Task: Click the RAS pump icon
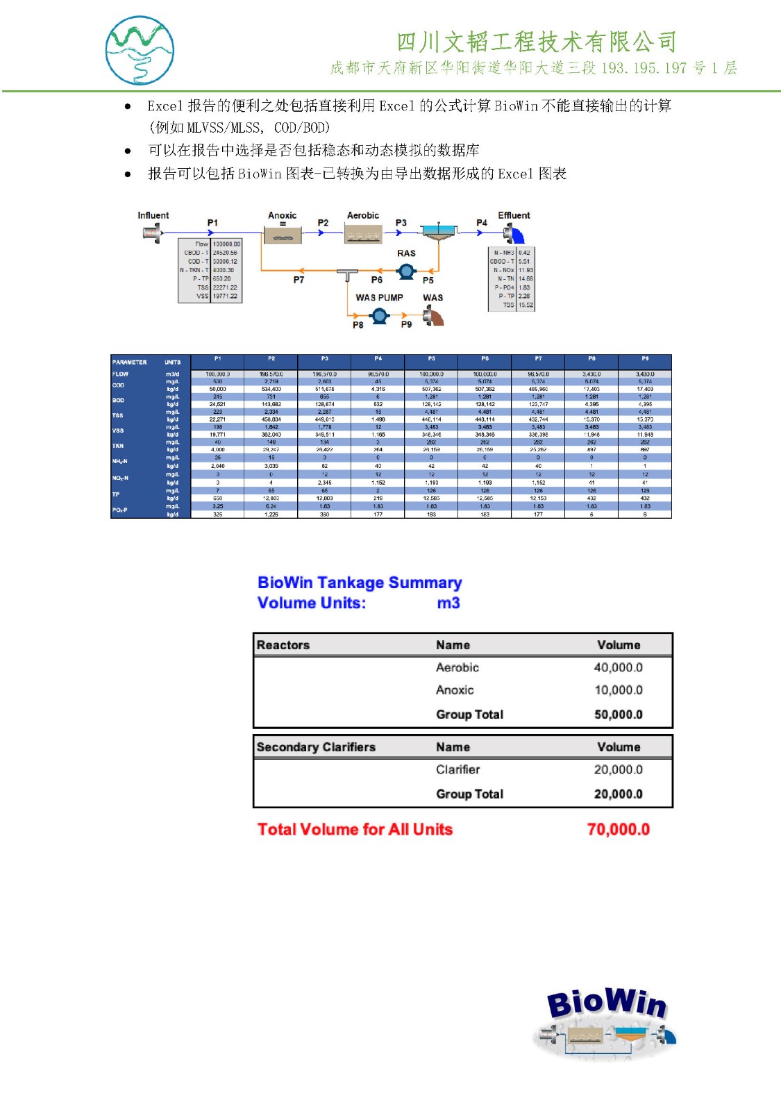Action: [x=406, y=271]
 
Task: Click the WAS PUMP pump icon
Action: [x=379, y=317]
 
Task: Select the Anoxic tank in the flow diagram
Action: [x=283, y=233]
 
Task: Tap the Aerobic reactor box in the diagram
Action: [x=363, y=233]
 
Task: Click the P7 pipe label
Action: [x=299, y=280]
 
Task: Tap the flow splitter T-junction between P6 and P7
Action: [x=347, y=274]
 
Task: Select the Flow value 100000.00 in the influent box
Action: [x=226, y=244]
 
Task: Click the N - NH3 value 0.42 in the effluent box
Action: [x=524, y=253]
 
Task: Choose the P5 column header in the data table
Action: [x=431, y=359]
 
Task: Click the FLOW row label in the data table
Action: [x=121, y=374]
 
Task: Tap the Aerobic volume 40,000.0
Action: [x=618, y=667]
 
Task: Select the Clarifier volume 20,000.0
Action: [x=618, y=769]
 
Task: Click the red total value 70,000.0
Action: [x=618, y=829]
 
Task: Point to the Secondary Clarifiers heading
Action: [x=316, y=747]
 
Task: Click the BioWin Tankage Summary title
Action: [x=359, y=583]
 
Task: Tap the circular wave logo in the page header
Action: [x=140, y=51]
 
